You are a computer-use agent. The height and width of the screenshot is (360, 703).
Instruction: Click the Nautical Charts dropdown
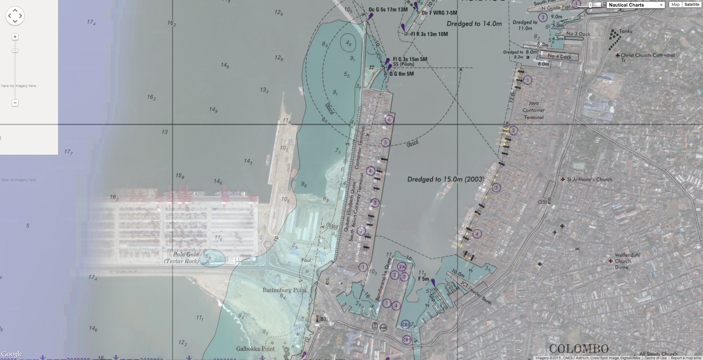tap(635, 5)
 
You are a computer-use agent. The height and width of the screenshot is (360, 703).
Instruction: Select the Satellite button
tap(692, 4)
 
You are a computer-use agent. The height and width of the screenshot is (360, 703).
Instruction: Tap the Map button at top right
tap(675, 4)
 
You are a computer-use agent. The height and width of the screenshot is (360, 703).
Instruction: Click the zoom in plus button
tap(15, 37)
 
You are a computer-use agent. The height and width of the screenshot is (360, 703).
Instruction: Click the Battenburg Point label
tap(284, 290)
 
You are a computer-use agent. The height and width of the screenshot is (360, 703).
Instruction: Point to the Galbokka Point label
tap(255, 349)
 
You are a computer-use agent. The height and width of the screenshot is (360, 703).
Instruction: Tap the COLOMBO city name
tap(579, 349)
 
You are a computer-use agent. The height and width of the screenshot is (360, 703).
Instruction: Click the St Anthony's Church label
tap(589, 179)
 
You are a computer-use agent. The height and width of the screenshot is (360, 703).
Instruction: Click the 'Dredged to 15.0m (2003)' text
tap(446, 179)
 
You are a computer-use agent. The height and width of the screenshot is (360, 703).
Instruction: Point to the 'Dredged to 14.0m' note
tap(474, 24)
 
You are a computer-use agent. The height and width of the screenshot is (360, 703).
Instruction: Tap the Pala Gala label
tap(186, 255)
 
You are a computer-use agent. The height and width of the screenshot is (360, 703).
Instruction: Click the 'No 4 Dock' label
tap(560, 56)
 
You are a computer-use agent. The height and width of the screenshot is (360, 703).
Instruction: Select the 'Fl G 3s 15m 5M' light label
tap(409, 59)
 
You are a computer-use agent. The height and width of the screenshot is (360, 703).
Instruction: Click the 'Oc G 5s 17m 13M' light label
tap(388, 9)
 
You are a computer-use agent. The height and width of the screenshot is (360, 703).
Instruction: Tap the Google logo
tap(11, 354)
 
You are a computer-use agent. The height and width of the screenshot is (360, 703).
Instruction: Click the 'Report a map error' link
tap(686, 358)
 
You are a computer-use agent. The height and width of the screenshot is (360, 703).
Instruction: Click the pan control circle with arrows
tap(15, 16)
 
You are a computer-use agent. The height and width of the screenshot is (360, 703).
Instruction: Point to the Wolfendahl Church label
tap(627, 255)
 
